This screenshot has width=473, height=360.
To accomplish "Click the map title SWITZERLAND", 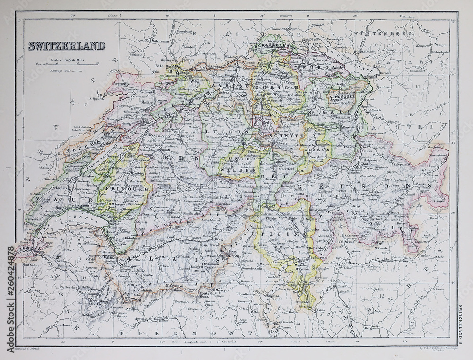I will tap(66, 46).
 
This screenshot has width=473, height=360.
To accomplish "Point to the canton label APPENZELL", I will tap(341, 97).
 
